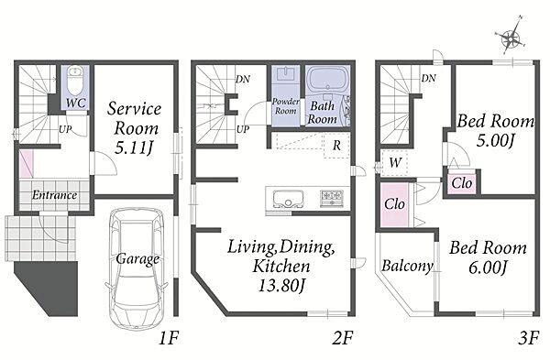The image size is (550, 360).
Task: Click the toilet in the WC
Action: point(75,81)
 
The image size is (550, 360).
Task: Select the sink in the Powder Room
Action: point(285,75)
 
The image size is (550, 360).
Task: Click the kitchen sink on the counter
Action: point(289,199)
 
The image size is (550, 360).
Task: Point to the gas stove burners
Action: point(332,198)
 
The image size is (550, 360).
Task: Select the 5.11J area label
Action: point(135,148)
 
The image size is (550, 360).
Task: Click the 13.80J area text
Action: point(281,286)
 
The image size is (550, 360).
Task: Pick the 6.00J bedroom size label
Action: point(488,268)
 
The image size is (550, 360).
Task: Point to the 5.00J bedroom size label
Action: point(495,141)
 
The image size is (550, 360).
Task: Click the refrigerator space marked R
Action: point(336,145)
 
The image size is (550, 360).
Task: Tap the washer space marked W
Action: point(394,163)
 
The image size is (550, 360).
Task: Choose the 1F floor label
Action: point(169,339)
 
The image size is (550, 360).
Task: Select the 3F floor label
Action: point(528,339)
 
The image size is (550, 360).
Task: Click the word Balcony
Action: point(407,266)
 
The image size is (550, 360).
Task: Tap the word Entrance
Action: point(54,195)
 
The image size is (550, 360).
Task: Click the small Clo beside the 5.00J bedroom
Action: point(462,182)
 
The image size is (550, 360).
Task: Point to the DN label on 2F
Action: point(242,79)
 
